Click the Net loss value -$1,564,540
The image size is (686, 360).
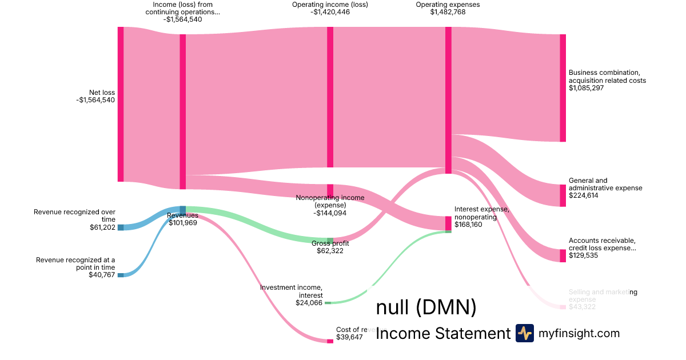click(95, 100)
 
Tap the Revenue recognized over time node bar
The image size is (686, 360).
click(120, 227)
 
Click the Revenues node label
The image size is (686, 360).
click(182, 215)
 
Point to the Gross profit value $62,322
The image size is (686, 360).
click(330, 251)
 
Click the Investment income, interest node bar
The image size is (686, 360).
click(328, 303)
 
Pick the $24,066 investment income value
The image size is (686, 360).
click(309, 303)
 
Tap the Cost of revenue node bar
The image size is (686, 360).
click(330, 341)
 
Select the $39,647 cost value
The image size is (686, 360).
click(349, 337)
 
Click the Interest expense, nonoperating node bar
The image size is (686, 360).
click(448, 223)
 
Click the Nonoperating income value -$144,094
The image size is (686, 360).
click(330, 213)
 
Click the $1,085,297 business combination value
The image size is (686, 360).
click(586, 88)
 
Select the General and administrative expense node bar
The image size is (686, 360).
click(563, 195)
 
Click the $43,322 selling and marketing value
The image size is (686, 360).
click(582, 307)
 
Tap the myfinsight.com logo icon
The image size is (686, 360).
click(524, 333)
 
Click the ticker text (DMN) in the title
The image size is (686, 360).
click(446, 307)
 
